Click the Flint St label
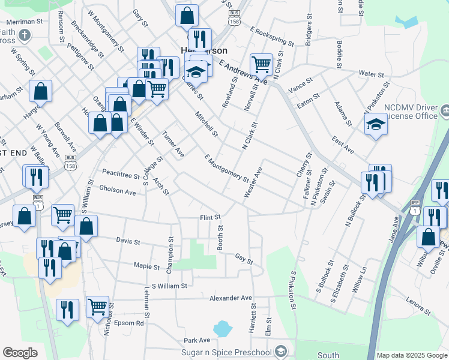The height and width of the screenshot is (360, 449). [x=210, y=217]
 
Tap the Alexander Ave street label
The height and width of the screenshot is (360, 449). [x=231, y=298]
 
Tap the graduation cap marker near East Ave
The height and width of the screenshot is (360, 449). [x=375, y=125]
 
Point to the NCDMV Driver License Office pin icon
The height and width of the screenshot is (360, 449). [x=445, y=110]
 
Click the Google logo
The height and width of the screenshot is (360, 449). [x=20, y=353]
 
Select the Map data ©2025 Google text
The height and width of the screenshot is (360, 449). [x=412, y=355]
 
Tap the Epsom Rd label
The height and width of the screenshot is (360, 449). [x=131, y=323]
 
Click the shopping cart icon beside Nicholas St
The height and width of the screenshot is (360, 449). [x=97, y=307]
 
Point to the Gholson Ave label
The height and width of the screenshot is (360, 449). [x=118, y=192]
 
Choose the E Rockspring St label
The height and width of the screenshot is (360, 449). [x=273, y=37]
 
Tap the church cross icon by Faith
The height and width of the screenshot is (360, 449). [x=25, y=35]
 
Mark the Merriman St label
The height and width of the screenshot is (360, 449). [x=22, y=21]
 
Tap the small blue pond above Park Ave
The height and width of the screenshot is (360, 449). [x=222, y=328]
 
